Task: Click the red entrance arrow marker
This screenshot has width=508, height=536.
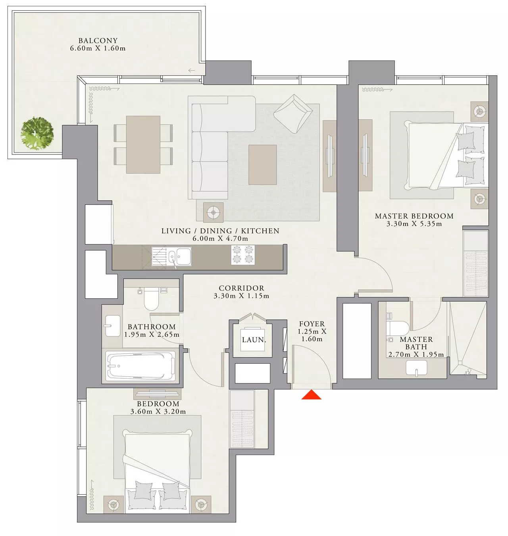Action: tap(312, 395)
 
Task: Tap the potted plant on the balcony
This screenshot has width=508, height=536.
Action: tap(37, 133)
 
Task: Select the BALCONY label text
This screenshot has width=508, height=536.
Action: tap(98, 41)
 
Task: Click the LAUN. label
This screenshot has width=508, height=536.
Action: tap(254, 340)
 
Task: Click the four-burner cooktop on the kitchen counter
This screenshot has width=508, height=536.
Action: tap(243, 255)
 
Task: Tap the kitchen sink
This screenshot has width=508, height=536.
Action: tap(180, 256)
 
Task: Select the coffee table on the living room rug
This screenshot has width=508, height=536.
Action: tap(262, 165)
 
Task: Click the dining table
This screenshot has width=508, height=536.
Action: tap(143, 145)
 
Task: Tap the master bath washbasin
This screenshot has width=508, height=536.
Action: tap(416, 368)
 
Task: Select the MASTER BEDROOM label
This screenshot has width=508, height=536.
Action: tap(414, 216)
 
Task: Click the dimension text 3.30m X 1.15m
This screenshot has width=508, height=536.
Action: tap(241, 296)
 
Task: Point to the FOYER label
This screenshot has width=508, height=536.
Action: tap(312, 324)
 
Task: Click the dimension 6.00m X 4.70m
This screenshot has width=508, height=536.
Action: tap(220, 238)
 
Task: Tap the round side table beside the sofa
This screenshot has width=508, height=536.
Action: tap(213, 212)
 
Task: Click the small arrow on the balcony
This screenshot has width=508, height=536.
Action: tap(191, 71)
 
